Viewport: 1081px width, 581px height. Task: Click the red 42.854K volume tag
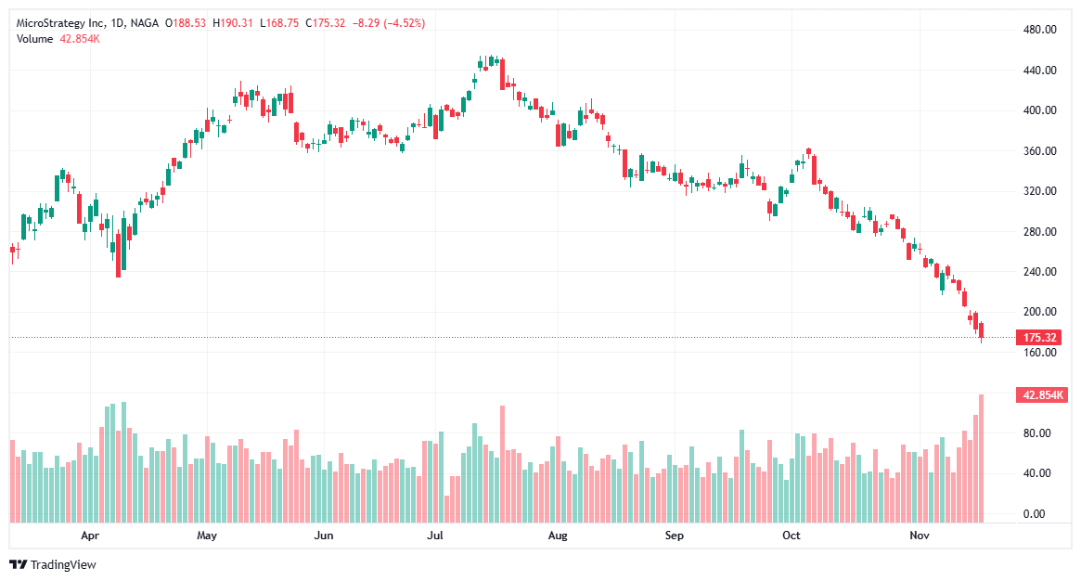click(1042, 395)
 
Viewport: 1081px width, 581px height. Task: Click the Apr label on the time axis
click(90, 536)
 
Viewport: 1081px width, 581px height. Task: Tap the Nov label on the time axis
click(919, 536)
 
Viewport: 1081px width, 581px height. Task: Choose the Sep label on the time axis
click(674, 536)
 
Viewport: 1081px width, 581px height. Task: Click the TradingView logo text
click(62, 564)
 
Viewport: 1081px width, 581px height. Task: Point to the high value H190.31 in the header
click(231, 23)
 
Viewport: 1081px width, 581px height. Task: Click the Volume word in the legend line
click(35, 38)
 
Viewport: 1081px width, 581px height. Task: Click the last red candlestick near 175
click(982, 330)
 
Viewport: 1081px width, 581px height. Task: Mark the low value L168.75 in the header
click(279, 23)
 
